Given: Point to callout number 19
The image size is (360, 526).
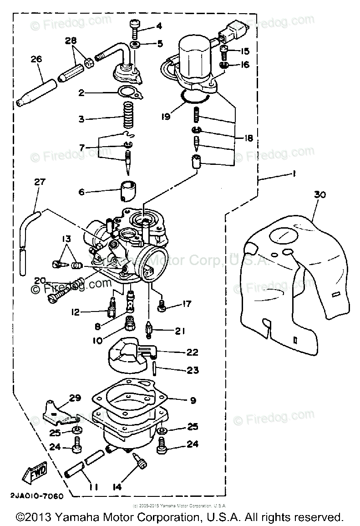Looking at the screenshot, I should (166, 117).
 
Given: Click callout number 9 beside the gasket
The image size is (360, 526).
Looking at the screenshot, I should (193, 400).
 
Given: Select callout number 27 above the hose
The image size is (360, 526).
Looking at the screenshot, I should (40, 182).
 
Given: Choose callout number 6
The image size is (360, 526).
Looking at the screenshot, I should (81, 192).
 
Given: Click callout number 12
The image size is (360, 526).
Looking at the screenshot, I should (75, 312).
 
